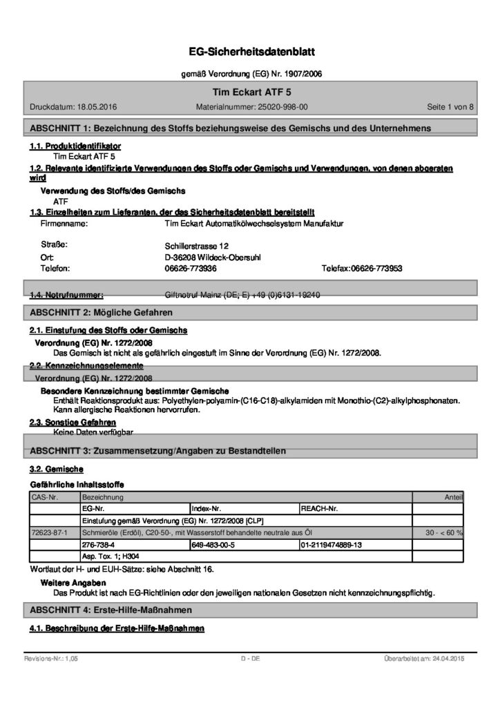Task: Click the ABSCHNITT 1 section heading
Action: tap(231, 128)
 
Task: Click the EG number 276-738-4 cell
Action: tap(96, 545)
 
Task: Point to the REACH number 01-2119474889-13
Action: tap(331, 545)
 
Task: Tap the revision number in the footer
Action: tap(51, 659)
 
